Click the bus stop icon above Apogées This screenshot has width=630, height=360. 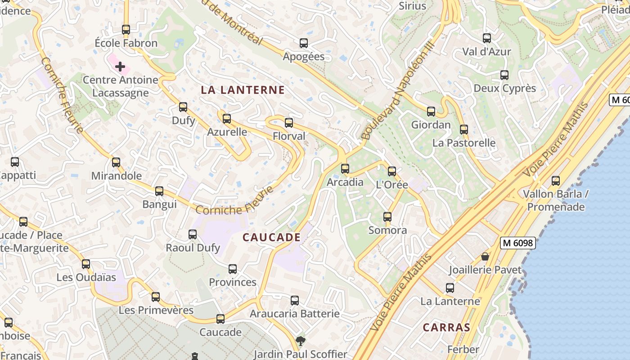tap(304, 43)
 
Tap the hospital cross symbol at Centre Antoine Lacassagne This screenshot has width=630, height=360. tap(120, 67)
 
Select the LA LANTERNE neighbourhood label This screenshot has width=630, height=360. tap(243, 90)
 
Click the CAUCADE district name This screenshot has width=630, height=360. tap(271, 237)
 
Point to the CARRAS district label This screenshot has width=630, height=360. tap(446, 327)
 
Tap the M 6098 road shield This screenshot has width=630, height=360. tap(517, 243)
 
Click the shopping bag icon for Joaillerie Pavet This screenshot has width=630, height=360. tap(485, 256)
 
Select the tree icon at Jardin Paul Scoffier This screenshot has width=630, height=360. tap(300, 341)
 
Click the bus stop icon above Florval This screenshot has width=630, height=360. tap(289, 122)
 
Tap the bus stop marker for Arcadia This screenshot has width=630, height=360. tap(345, 169)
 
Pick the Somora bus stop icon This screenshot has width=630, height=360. tap(387, 217)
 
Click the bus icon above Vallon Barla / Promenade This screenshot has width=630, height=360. tap(556, 181)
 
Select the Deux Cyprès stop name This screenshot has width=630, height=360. tap(505, 88)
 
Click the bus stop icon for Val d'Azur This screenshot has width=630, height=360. tap(487, 38)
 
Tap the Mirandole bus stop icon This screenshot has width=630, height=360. tap(116, 162)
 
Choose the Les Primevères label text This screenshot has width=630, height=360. tap(156, 310)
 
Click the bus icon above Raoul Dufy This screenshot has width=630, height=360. tap(193, 234)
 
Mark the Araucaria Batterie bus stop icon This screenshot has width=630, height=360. tap(295, 300)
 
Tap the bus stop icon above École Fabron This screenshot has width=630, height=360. tap(126, 30)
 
